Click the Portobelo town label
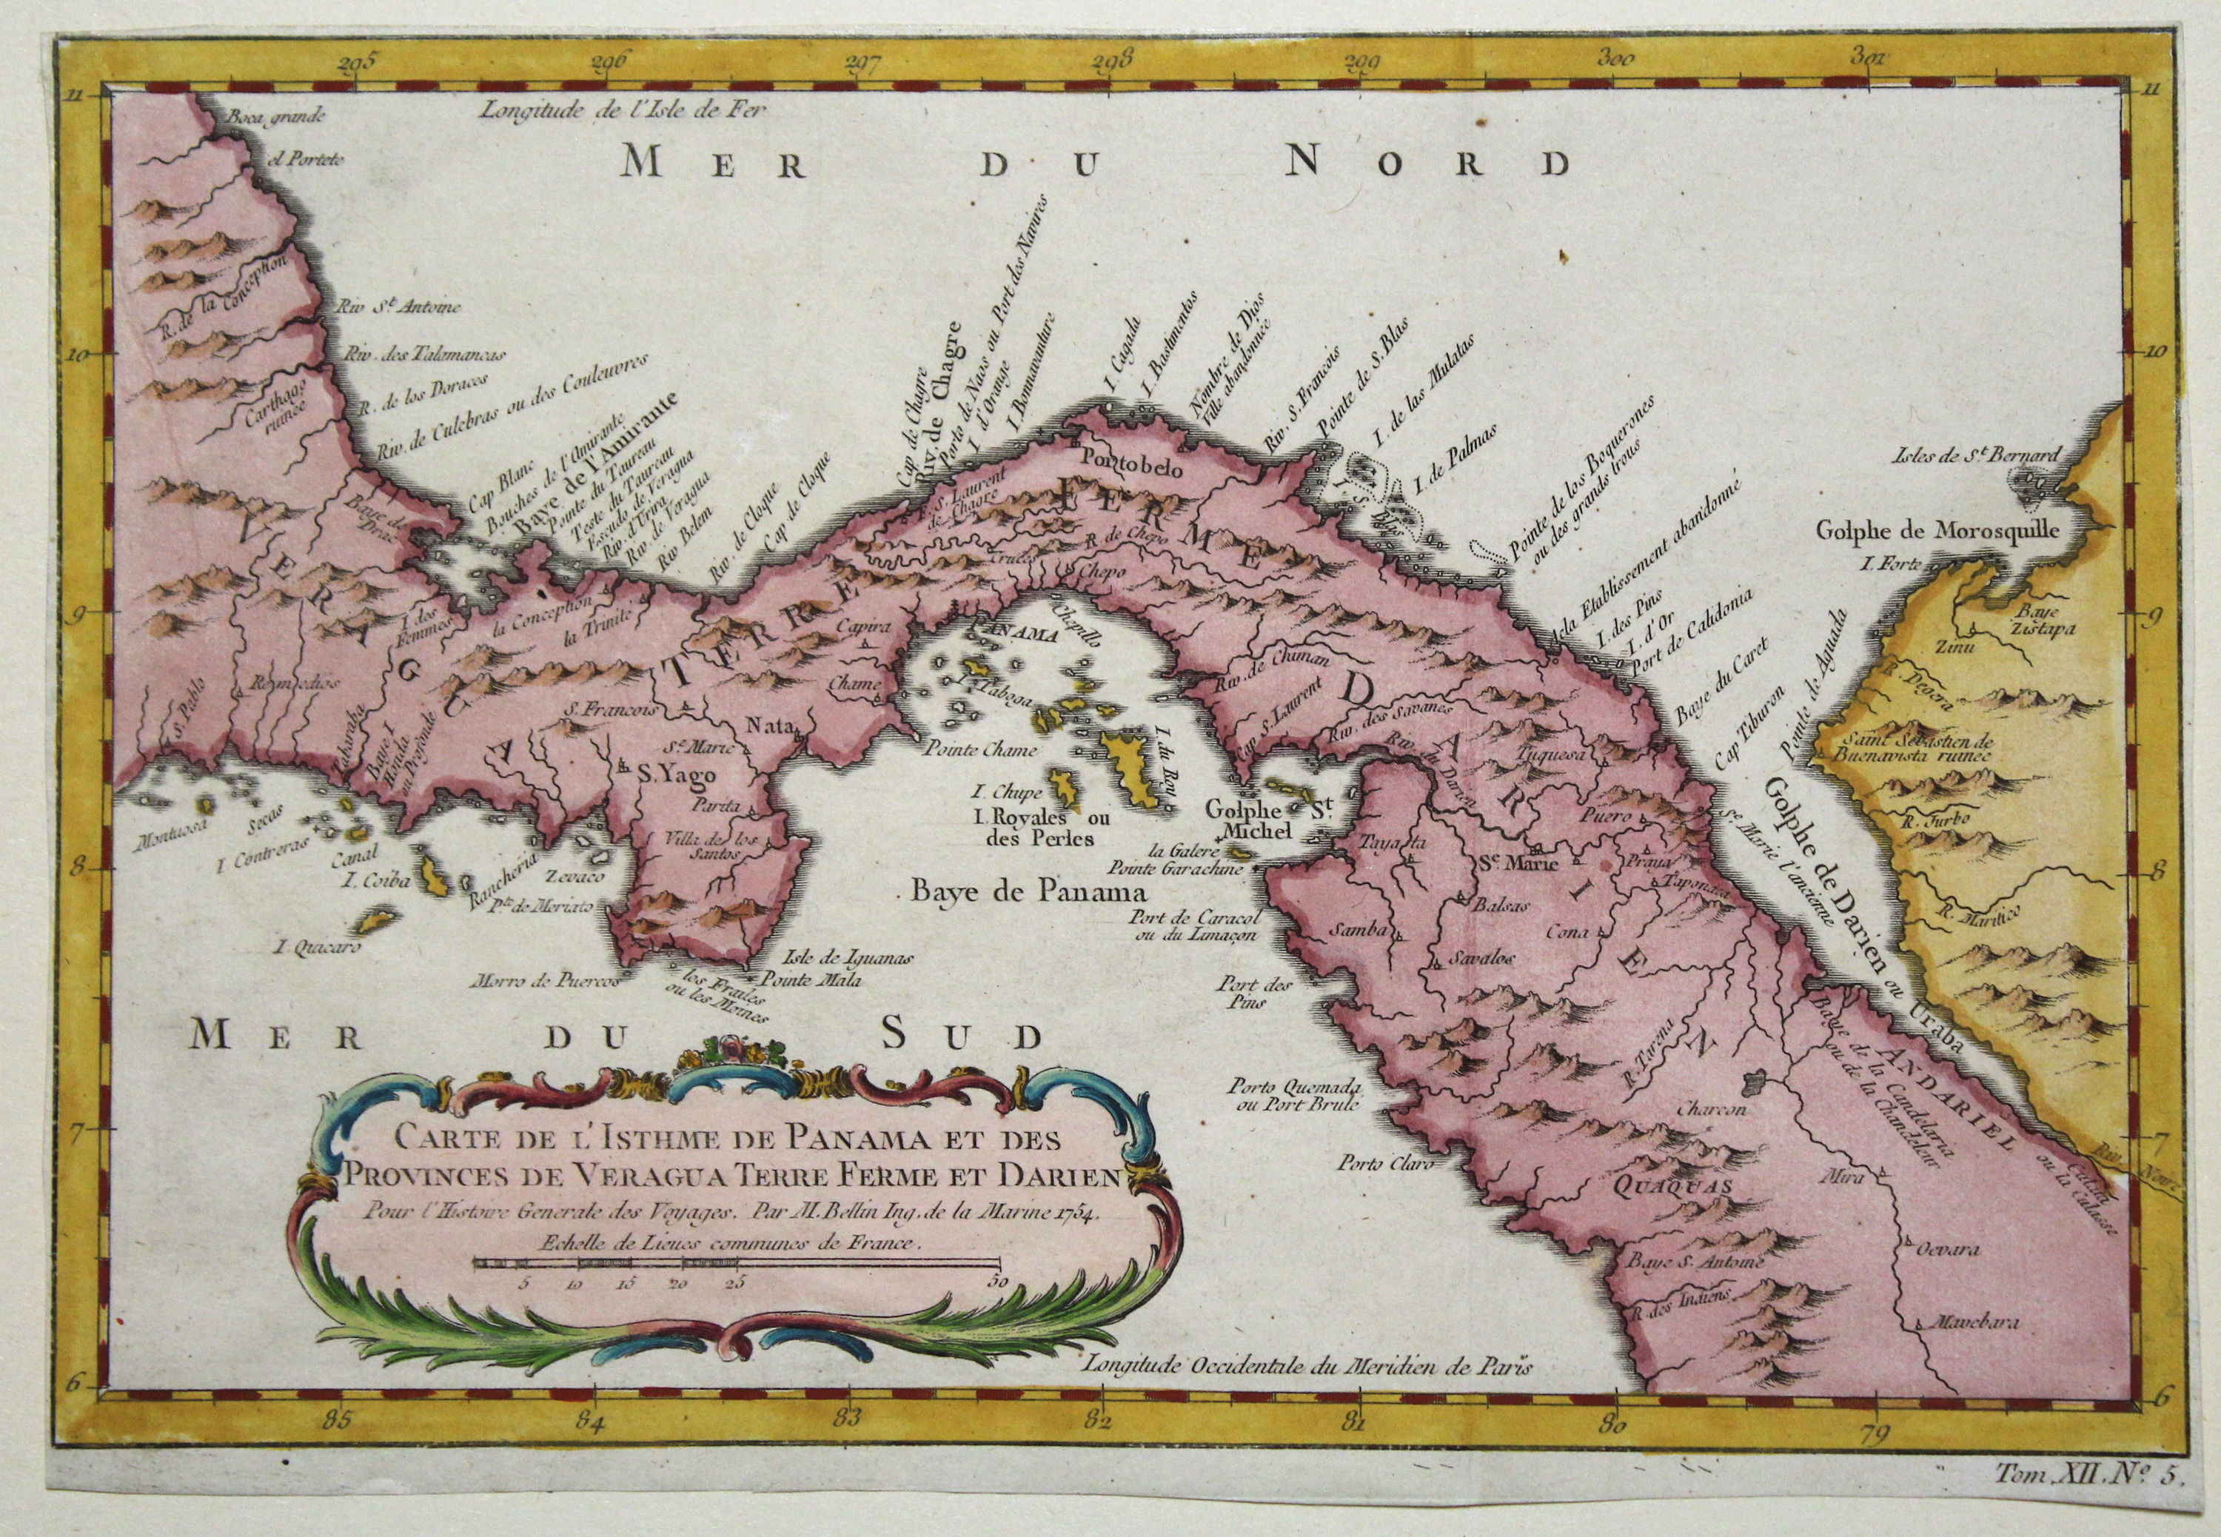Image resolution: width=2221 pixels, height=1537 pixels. coord(1124,458)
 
